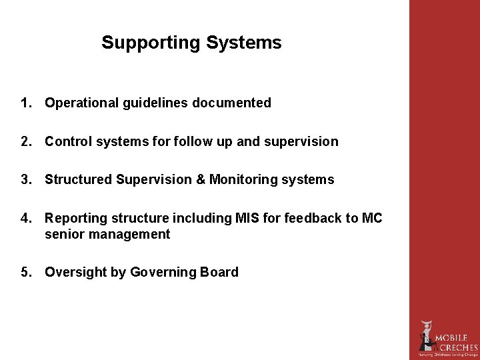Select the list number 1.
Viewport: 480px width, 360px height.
26,103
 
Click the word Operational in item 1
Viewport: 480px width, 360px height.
82,103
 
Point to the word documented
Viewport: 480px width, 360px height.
231,103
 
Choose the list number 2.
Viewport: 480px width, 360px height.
26,141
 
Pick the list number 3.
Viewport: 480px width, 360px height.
26,179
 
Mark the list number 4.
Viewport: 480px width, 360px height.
26,218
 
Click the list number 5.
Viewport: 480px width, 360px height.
26,272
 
